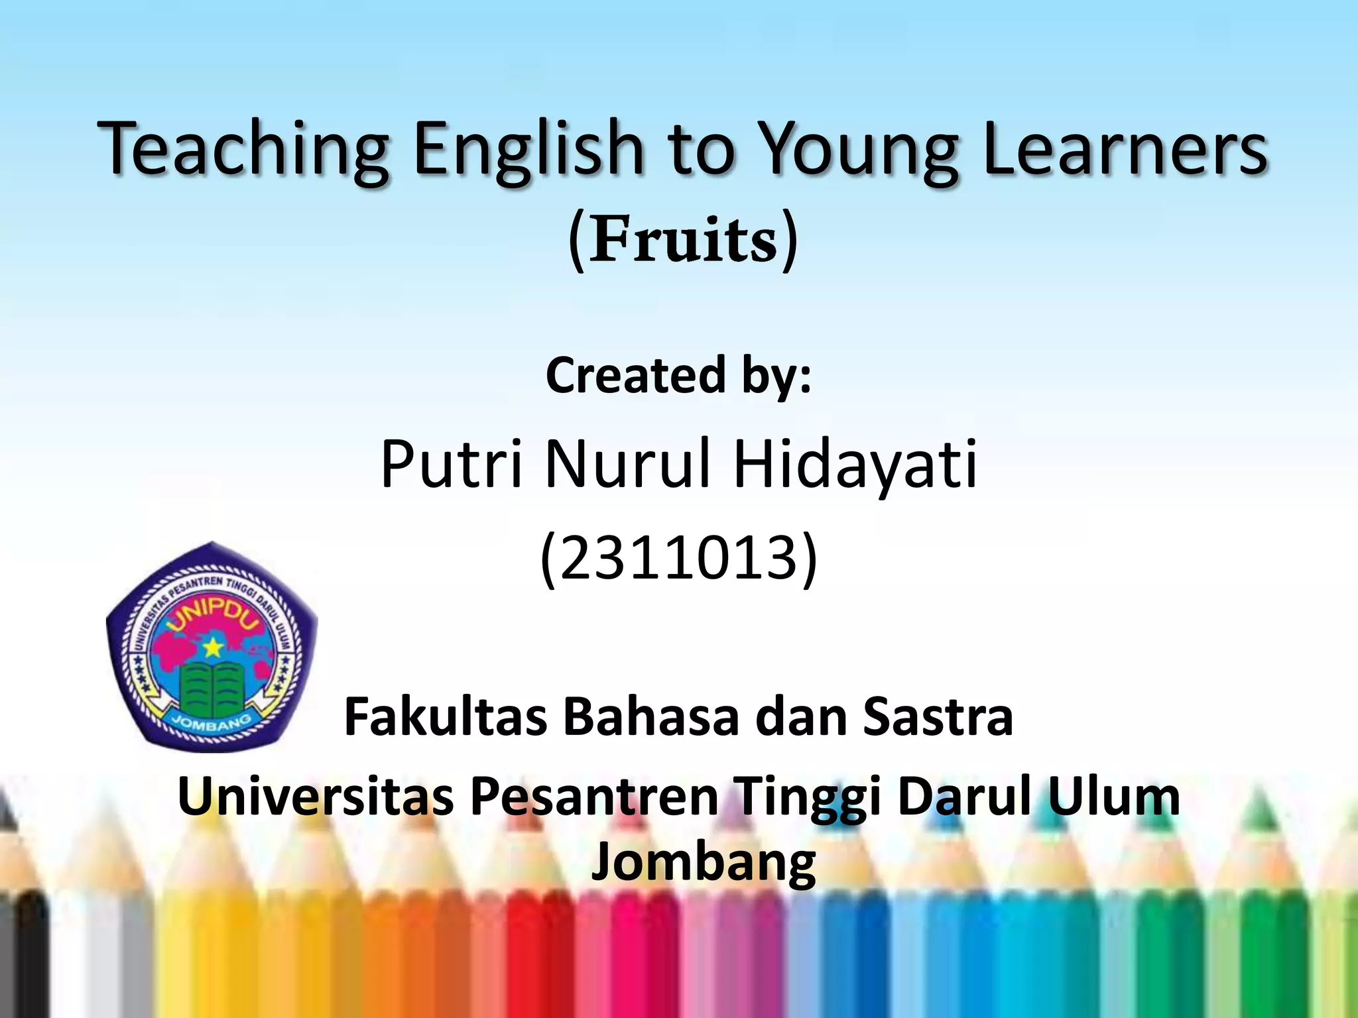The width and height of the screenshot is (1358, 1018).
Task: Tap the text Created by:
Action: (x=678, y=376)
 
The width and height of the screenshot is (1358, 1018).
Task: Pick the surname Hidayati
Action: (x=855, y=464)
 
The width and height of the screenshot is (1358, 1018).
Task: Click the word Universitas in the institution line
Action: (x=316, y=796)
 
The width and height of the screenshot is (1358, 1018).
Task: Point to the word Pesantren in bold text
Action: (x=594, y=796)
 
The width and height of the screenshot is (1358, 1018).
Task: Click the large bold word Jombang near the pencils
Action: (x=703, y=862)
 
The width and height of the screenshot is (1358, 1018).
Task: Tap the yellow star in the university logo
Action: (x=212, y=646)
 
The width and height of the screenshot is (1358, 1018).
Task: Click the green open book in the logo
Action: (x=212, y=689)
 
